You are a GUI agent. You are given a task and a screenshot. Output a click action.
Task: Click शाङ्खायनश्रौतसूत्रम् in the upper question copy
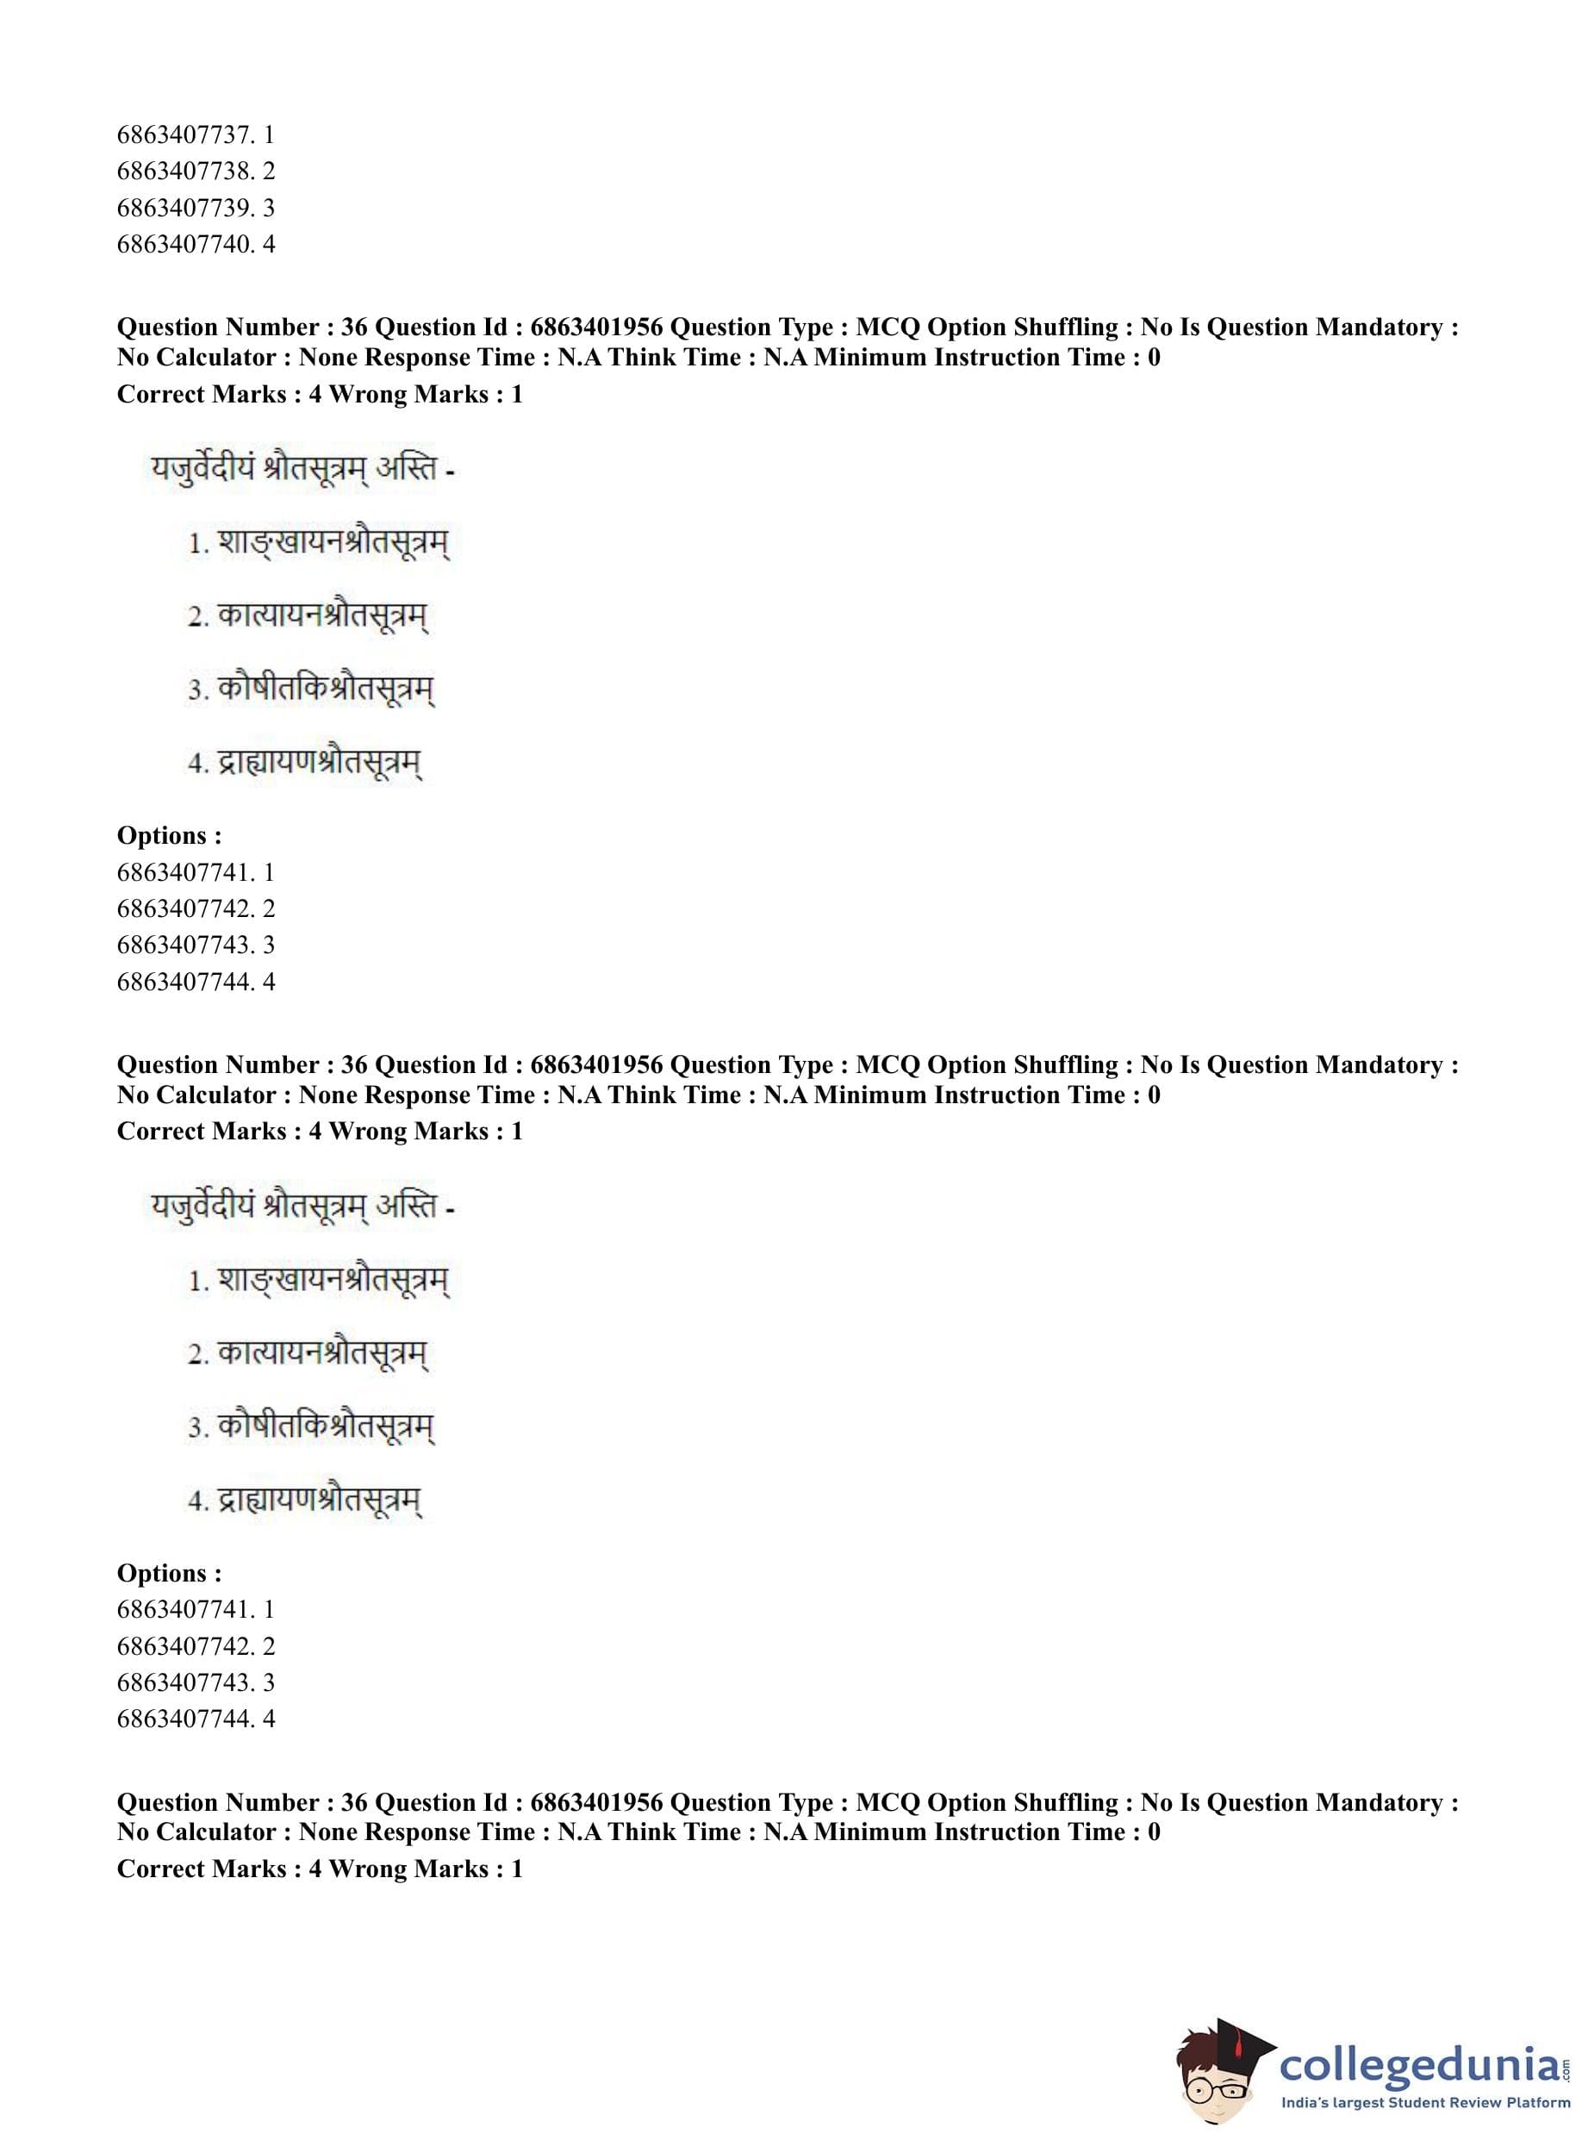pos(333,543)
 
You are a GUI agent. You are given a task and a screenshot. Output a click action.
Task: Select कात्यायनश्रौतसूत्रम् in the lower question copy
pos(321,1353)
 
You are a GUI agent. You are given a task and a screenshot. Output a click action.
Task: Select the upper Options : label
pos(170,835)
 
